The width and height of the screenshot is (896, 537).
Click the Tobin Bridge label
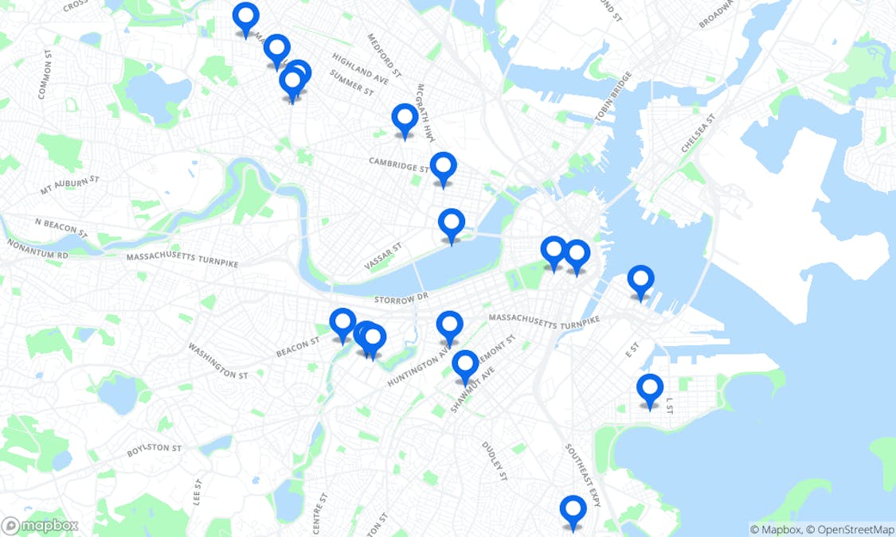612,98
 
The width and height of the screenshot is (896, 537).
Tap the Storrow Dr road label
401,298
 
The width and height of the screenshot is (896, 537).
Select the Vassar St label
384,256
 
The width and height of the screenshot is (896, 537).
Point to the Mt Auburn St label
69,185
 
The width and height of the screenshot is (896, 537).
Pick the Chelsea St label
698,134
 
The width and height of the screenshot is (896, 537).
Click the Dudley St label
494,461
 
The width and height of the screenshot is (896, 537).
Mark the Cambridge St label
398,165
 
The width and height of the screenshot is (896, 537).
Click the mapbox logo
40,526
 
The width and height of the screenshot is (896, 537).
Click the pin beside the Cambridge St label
443,167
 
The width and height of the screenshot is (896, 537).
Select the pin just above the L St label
650,388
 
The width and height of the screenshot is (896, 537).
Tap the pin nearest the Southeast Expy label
573,510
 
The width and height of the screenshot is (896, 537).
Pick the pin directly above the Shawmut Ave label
465,364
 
